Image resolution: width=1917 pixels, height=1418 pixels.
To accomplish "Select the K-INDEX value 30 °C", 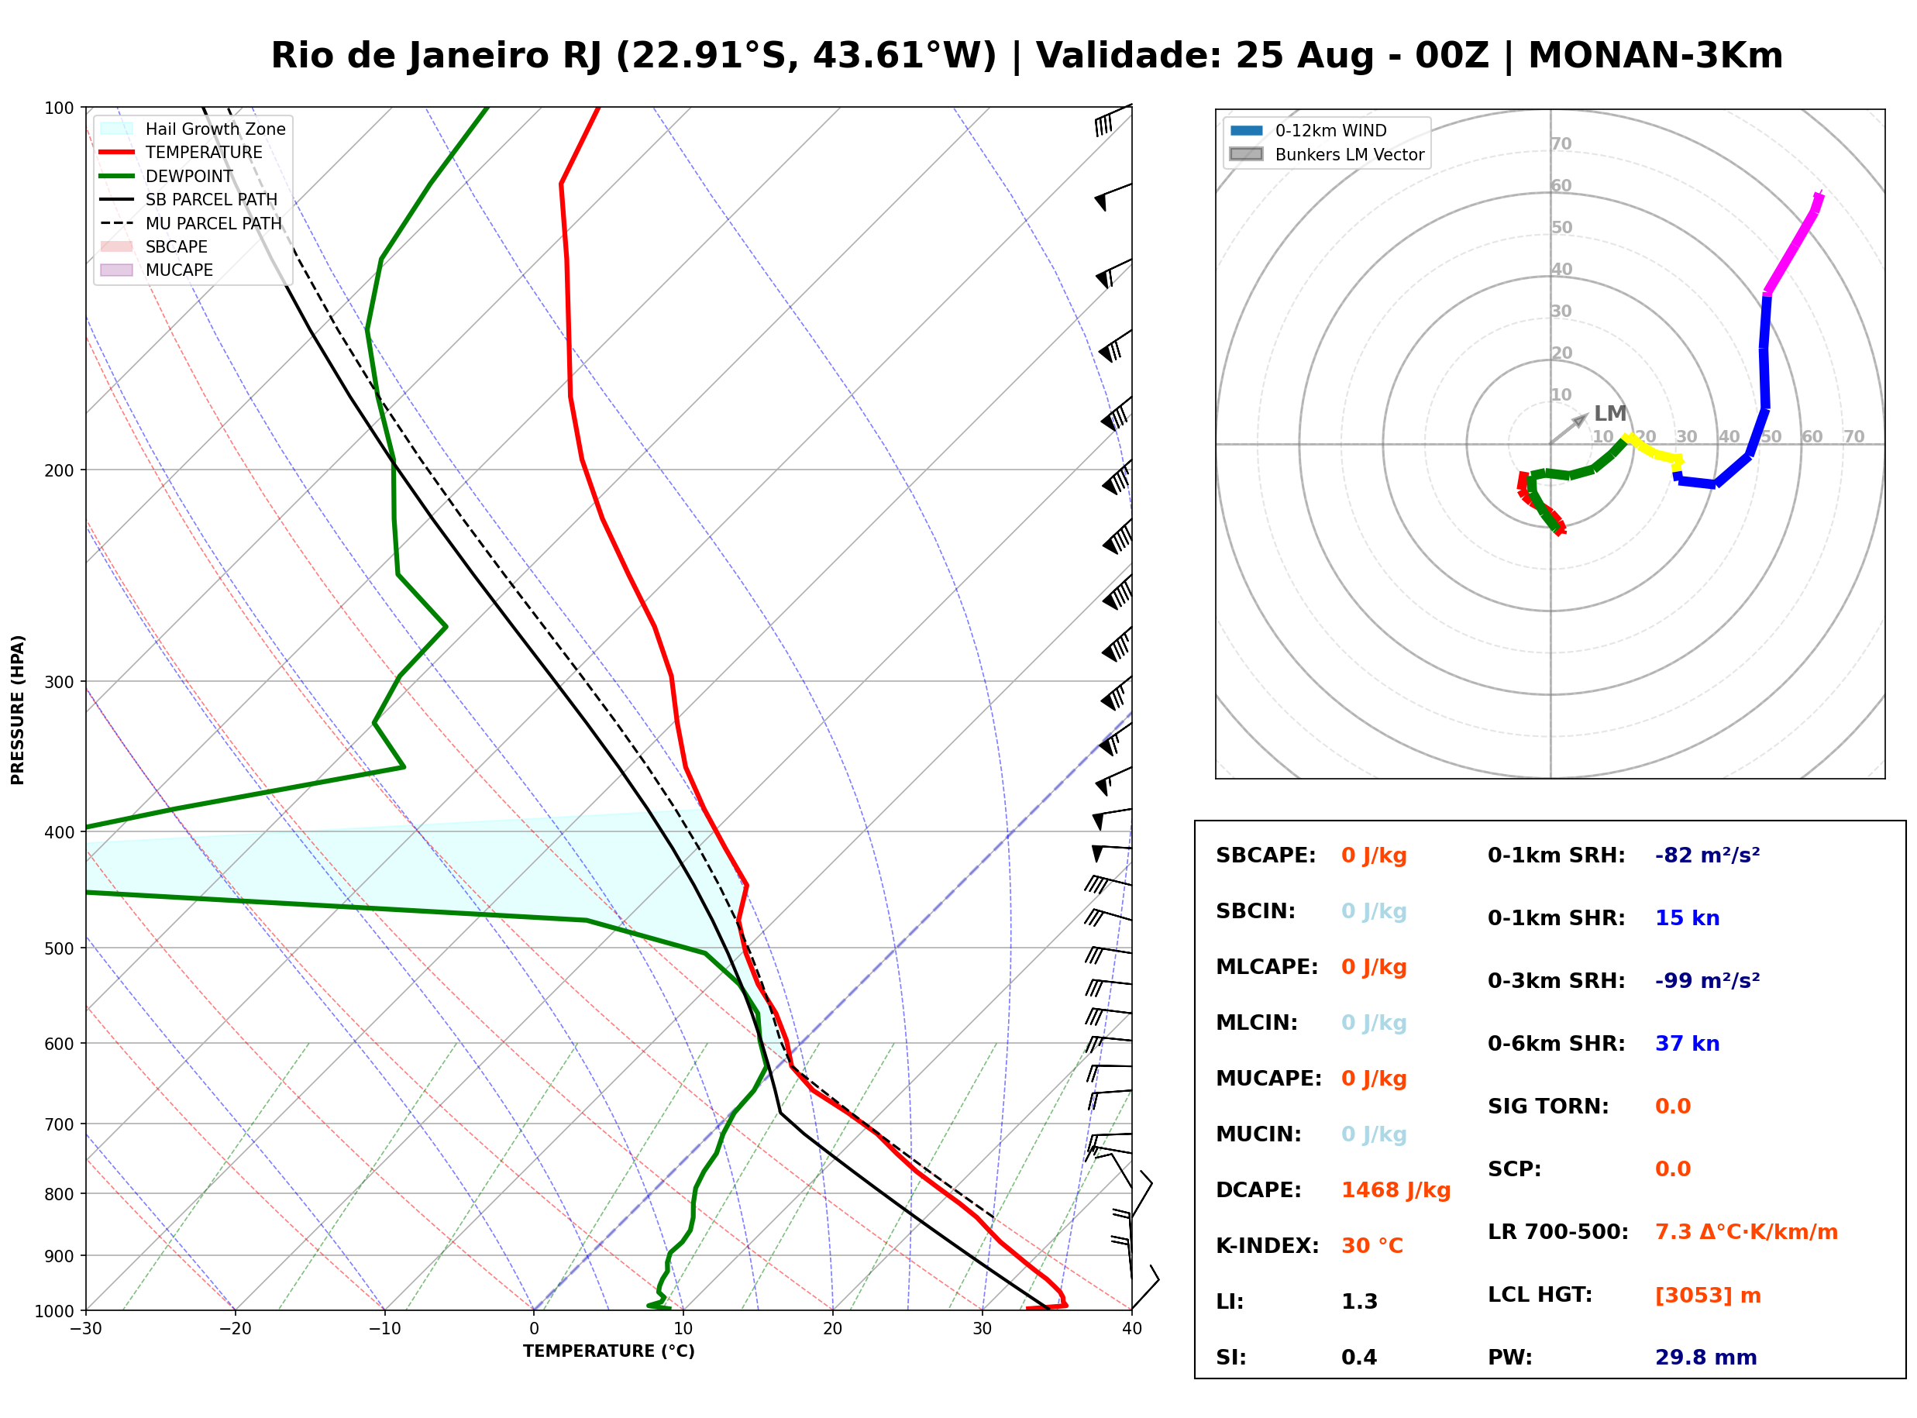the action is [1371, 1246].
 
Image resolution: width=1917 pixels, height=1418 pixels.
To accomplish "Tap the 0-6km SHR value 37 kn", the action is [1687, 1044].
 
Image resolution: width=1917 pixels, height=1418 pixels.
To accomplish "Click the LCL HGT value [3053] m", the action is [1708, 1296].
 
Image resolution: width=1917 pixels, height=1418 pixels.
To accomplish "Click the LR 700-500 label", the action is [1557, 1233].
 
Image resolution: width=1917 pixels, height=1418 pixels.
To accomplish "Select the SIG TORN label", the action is [1548, 1107].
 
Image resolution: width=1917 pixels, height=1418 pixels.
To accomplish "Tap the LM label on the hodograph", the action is [1610, 414].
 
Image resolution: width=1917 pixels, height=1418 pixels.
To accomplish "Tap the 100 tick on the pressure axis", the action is [61, 107].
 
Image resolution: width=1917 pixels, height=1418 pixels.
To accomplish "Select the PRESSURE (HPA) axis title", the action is [18, 710].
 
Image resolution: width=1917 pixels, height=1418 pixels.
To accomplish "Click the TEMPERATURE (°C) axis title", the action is [608, 1352].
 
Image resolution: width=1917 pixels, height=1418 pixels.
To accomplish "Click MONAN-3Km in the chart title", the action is [1655, 56].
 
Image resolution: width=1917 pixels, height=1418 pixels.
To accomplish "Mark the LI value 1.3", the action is [1359, 1302].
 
